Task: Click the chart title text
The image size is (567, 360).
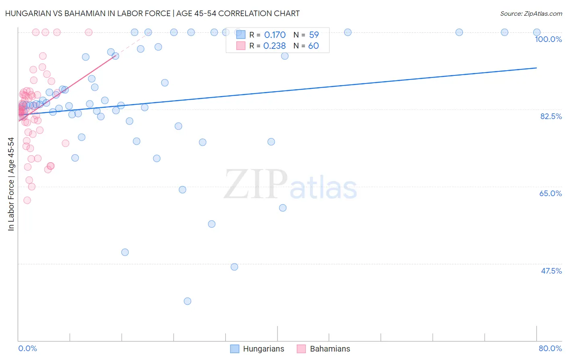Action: pyautogui.click(x=152, y=13)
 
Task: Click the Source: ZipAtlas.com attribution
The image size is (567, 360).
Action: pyautogui.click(x=531, y=14)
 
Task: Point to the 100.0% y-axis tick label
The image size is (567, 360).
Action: pyautogui.click(x=548, y=39)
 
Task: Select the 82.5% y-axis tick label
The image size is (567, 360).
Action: pyautogui.click(x=550, y=116)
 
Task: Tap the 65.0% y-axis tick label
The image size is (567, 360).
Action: pyautogui.click(x=550, y=193)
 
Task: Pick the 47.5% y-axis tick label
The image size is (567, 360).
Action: pyautogui.click(x=551, y=271)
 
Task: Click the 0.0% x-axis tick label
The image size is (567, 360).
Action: pyautogui.click(x=27, y=348)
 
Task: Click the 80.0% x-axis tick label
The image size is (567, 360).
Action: pyautogui.click(x=550, y=348)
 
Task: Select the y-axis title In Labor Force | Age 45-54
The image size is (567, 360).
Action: pyautogui.click(x=11, y=184)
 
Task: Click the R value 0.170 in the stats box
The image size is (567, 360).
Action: pyautogui.click(x=275, y=35)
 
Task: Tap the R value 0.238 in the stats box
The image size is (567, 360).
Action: pyautogui.click(x=274, y=46)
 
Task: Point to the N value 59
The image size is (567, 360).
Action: pyautogui.click(x=314, y=35)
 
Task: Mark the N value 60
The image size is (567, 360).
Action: pyautogui.click(x=313, y=46)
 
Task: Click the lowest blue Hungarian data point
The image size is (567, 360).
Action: pyautogui.click(x=187, y=301)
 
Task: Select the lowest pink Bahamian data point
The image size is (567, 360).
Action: pyautogui.click(x=27, y=200)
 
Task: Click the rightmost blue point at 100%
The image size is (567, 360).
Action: pyautogui.click(x=537, y=32)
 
